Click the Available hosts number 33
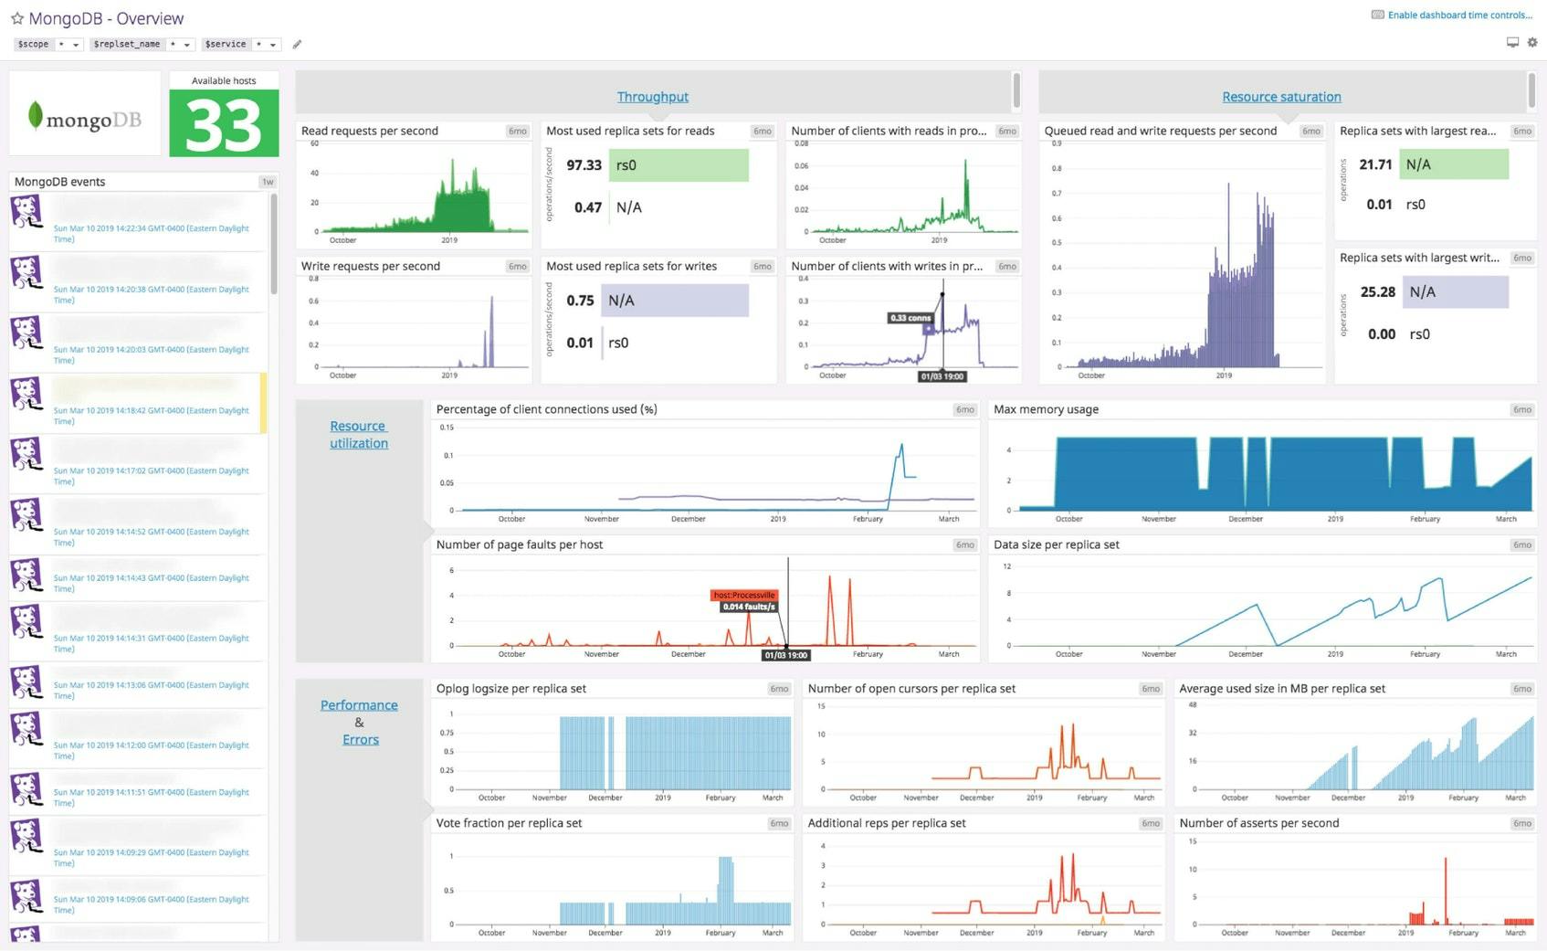(224, 125)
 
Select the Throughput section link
(652, 97)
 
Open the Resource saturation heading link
(1281, 97)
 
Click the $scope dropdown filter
(48, 44)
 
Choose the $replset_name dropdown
(142, 44)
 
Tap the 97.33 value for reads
(584, 165)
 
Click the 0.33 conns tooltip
(910, 318)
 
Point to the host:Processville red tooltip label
(743, 595)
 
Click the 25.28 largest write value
(1377, 292)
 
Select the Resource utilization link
(358, 435)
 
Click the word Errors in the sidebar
(360, 740)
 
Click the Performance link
(359, 705)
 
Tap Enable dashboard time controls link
(1459, 15)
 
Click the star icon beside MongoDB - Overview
(16, 18)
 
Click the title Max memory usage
(1046, 409)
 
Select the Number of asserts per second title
(1258, 823)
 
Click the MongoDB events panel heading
(59, 182)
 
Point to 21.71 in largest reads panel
(1375, 164)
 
